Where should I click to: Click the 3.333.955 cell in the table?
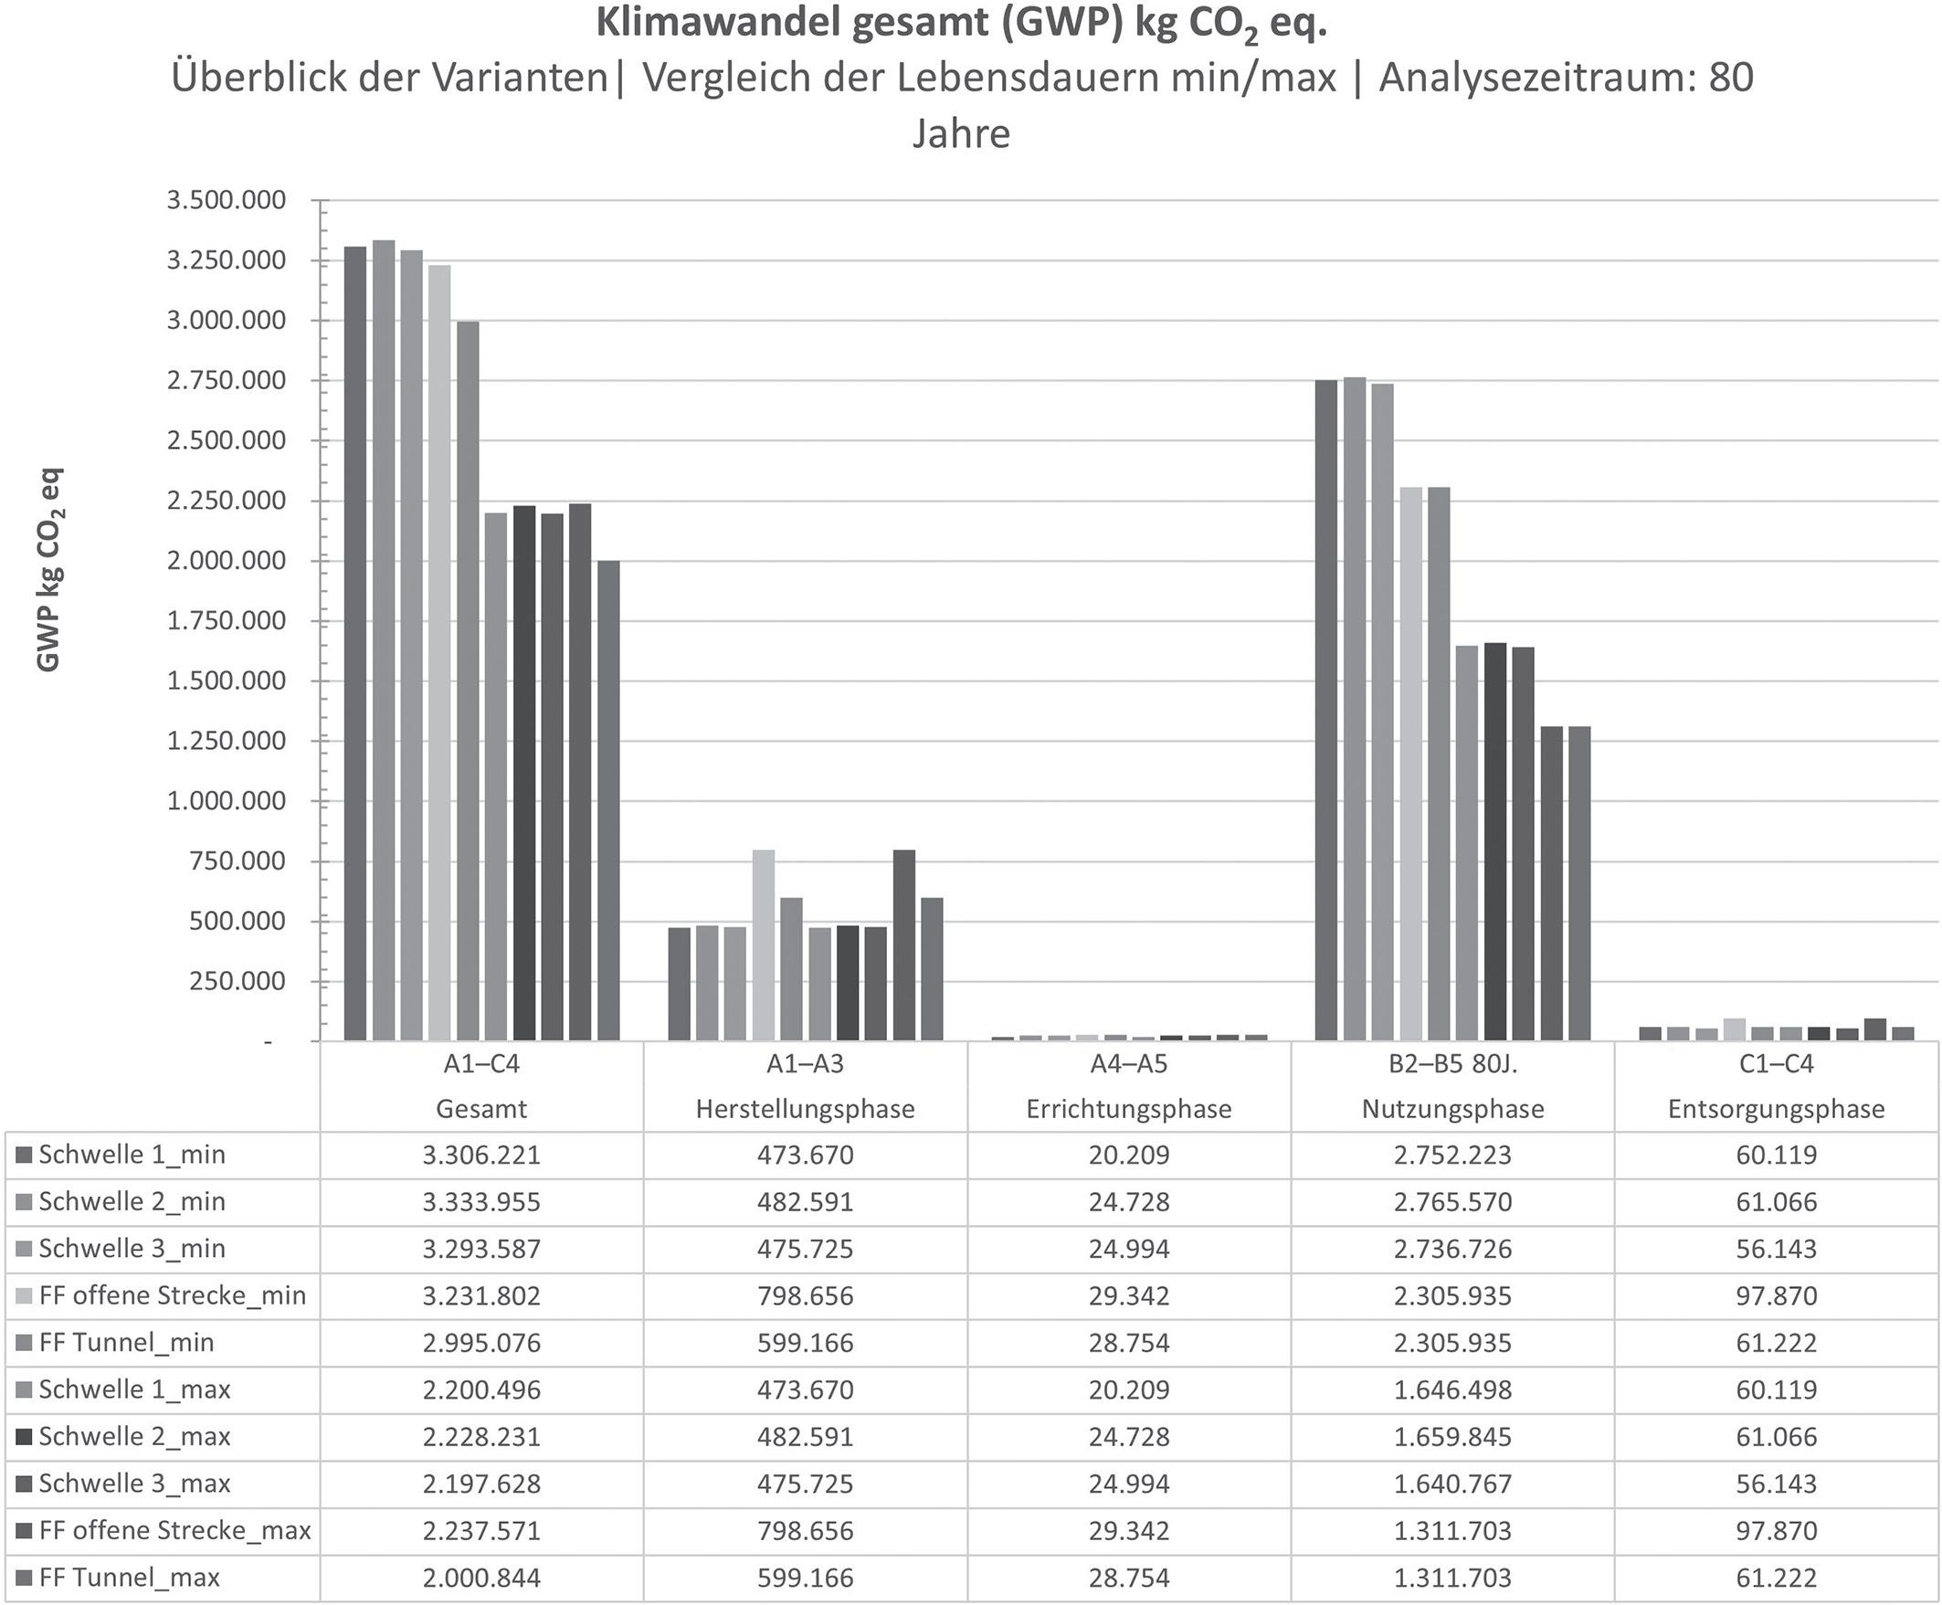(480, 1202)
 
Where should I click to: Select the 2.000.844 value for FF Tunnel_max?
(480, 1578)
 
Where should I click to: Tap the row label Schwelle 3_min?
(132, 1249)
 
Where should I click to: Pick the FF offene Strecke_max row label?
(174, 1530)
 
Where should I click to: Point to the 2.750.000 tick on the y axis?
(227, 381)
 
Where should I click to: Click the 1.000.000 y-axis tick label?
(227, 800)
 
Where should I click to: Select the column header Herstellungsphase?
(805, 1109)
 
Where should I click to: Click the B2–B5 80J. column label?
(1453, 1064)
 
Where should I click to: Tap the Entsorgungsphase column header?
(1776, 1109)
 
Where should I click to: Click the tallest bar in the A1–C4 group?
(384, 639)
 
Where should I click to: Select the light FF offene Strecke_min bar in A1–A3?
(764, 945)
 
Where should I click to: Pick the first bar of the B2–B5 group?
(1325, 710)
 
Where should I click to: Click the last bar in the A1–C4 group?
(608, 800)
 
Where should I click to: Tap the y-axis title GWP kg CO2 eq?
(49, 568)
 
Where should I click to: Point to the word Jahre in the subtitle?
(961, 134)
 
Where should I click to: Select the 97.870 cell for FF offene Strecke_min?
(1776, 1296)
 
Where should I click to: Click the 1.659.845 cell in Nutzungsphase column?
(1453, 1437)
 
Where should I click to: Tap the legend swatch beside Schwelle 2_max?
(24, 1437)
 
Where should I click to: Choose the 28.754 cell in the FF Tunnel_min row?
(1129, 1343)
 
